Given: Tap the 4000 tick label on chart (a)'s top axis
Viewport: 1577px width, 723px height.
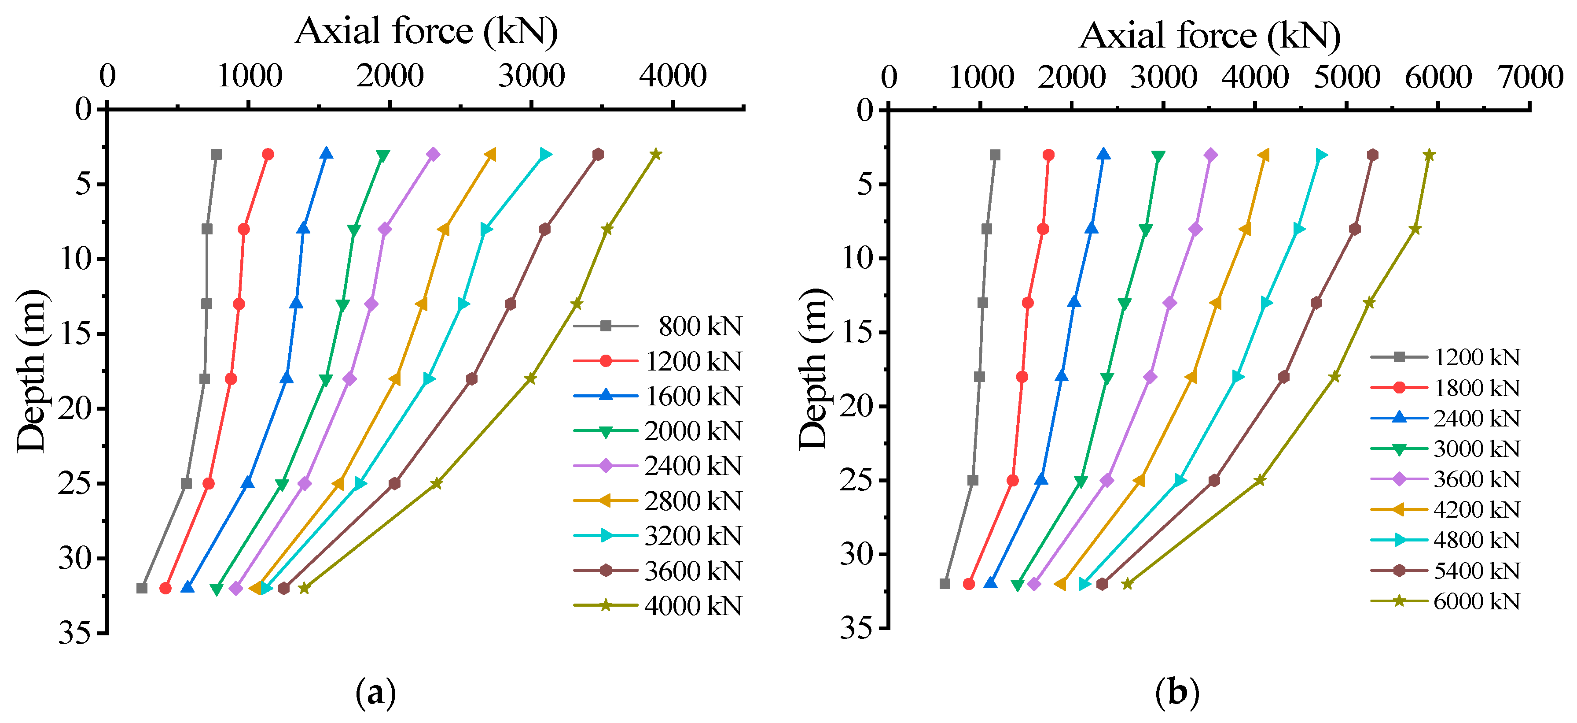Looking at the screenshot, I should click(x=673, y=76).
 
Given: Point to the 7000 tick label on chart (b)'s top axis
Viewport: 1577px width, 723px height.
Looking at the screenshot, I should click(x=1530, y=77).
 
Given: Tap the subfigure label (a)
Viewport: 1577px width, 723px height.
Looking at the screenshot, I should click(x=375, y=692).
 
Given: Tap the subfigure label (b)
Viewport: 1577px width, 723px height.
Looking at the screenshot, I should click(x=1176, y=692).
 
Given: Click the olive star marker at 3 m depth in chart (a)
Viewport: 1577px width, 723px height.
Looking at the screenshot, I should click(x=656, y=154).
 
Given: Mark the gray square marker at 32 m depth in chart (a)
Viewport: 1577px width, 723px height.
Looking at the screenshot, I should click(x=142, y=588).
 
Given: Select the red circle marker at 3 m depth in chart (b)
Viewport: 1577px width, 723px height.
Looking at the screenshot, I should click(x=1049, y=155).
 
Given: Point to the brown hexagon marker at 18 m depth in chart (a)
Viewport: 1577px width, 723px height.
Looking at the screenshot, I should click(x=471, y=378).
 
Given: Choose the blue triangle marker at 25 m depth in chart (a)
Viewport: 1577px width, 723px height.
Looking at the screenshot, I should click(x=247, y=483).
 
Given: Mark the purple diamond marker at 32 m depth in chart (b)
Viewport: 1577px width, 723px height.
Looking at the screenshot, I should click(x=1034, y=584).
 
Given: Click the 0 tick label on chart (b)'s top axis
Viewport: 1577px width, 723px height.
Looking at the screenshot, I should click(x=889, y=77).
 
